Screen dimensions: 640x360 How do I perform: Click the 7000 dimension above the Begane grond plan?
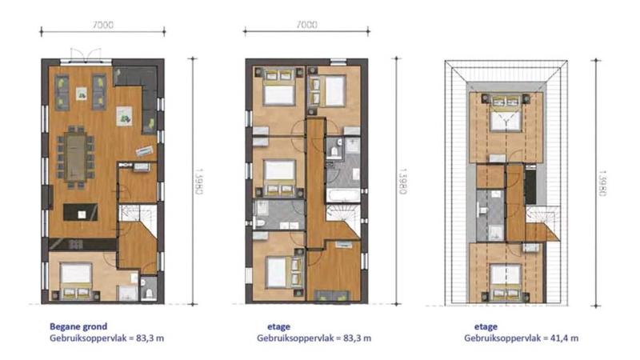(103, 25)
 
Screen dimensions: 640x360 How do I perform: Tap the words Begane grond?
(78, 326)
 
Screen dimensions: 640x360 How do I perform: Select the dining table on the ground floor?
(76, 158)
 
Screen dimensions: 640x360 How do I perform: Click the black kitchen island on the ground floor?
(81, 212)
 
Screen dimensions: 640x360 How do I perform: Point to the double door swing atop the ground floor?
(86, 55)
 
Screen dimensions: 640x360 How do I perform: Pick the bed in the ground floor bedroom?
(76, 282)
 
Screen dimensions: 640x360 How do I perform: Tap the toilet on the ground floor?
(149, 292)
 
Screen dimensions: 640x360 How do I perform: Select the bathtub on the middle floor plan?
(343, 196)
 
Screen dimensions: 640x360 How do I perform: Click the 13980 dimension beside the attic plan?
(602, 183)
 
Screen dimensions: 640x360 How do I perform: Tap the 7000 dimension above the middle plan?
(307, 25)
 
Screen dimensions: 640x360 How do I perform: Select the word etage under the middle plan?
(278, 326)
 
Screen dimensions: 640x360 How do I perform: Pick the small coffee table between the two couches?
(82, 94)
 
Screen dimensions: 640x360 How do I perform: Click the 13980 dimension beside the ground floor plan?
(198, 182)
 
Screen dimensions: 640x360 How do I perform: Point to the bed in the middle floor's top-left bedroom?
(279, 87)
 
